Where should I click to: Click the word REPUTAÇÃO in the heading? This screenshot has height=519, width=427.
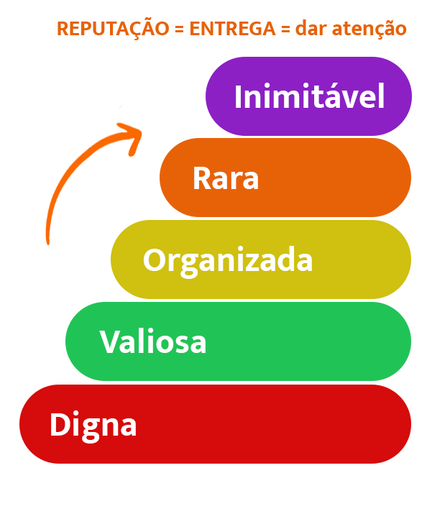(113, 29)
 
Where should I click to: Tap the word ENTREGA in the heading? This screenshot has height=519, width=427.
(232, 29)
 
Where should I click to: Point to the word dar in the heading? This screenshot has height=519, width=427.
(311, 28)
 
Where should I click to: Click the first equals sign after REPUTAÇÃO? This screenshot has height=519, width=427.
(179, 29)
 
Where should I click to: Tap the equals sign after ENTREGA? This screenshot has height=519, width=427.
(285, 29)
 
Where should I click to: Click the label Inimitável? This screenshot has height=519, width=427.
(310, 96)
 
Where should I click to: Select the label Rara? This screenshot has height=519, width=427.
(226, 178)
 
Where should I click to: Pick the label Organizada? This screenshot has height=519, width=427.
(228, 261)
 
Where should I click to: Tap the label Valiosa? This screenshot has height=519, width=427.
(153, 341)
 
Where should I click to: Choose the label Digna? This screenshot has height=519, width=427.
(93, 426)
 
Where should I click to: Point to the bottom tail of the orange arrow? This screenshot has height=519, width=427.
(48, 243)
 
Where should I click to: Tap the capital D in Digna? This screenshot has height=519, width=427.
(60, 424)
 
